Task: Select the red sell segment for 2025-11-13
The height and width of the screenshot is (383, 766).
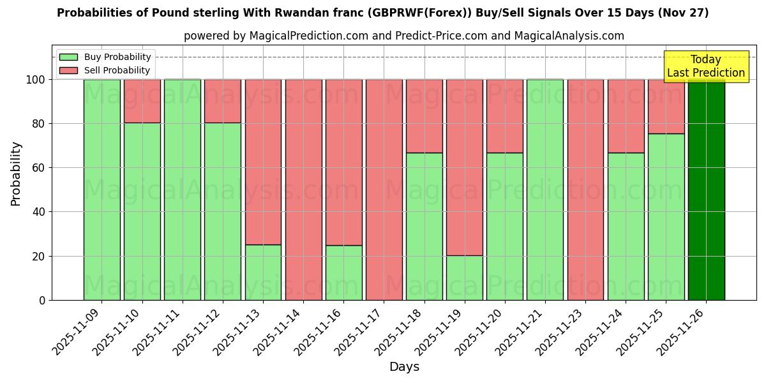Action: [x=263, y=162]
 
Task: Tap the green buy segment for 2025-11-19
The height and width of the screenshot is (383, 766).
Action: [x=465, y=278]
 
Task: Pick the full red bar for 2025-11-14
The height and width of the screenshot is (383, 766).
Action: [x=303, y=190]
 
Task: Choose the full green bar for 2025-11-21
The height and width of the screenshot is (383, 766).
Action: [x=545, y=190]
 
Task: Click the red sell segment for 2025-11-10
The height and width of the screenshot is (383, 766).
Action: [x=142, y=101]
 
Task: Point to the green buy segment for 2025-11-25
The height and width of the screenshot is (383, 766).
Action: [x=666, y=217]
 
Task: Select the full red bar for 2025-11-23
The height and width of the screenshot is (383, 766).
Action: [x=585, y=190]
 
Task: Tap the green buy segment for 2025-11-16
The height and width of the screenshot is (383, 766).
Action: [x=343, y=273]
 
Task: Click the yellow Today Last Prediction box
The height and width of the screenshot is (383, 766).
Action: [x=706, y=66]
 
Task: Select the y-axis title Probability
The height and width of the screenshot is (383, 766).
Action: [x=16, y=174]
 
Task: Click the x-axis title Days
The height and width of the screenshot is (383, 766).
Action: [x=404, y=367]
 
